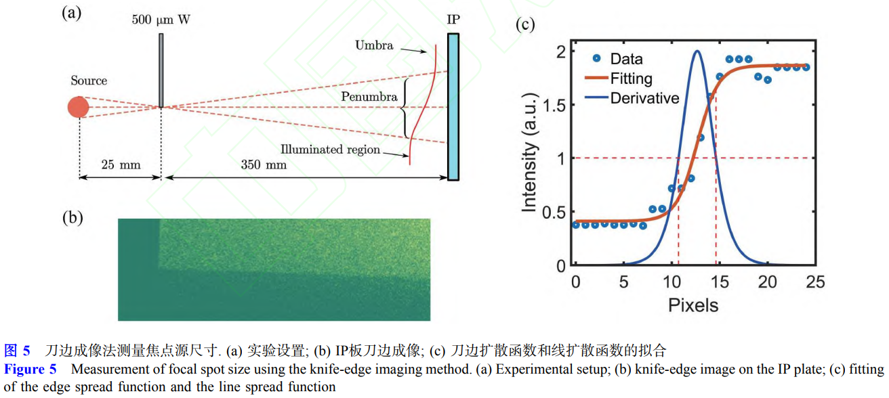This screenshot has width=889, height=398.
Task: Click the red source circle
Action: tap(79, 107)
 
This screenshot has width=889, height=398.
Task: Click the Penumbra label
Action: tap(369, 97)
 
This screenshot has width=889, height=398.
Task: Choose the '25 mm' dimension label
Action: tap(111, 164)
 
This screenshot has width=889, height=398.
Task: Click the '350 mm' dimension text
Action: tap(264, 164)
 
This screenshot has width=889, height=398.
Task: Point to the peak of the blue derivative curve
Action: tap(697, 51)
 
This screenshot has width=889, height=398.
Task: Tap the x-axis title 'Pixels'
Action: tap(692, 305)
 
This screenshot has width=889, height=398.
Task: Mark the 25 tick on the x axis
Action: tap(815, 282)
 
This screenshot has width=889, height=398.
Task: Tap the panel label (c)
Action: tap(525, 25)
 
